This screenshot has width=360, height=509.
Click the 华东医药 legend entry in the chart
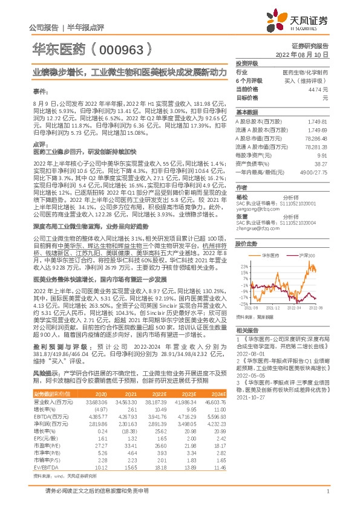270,256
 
